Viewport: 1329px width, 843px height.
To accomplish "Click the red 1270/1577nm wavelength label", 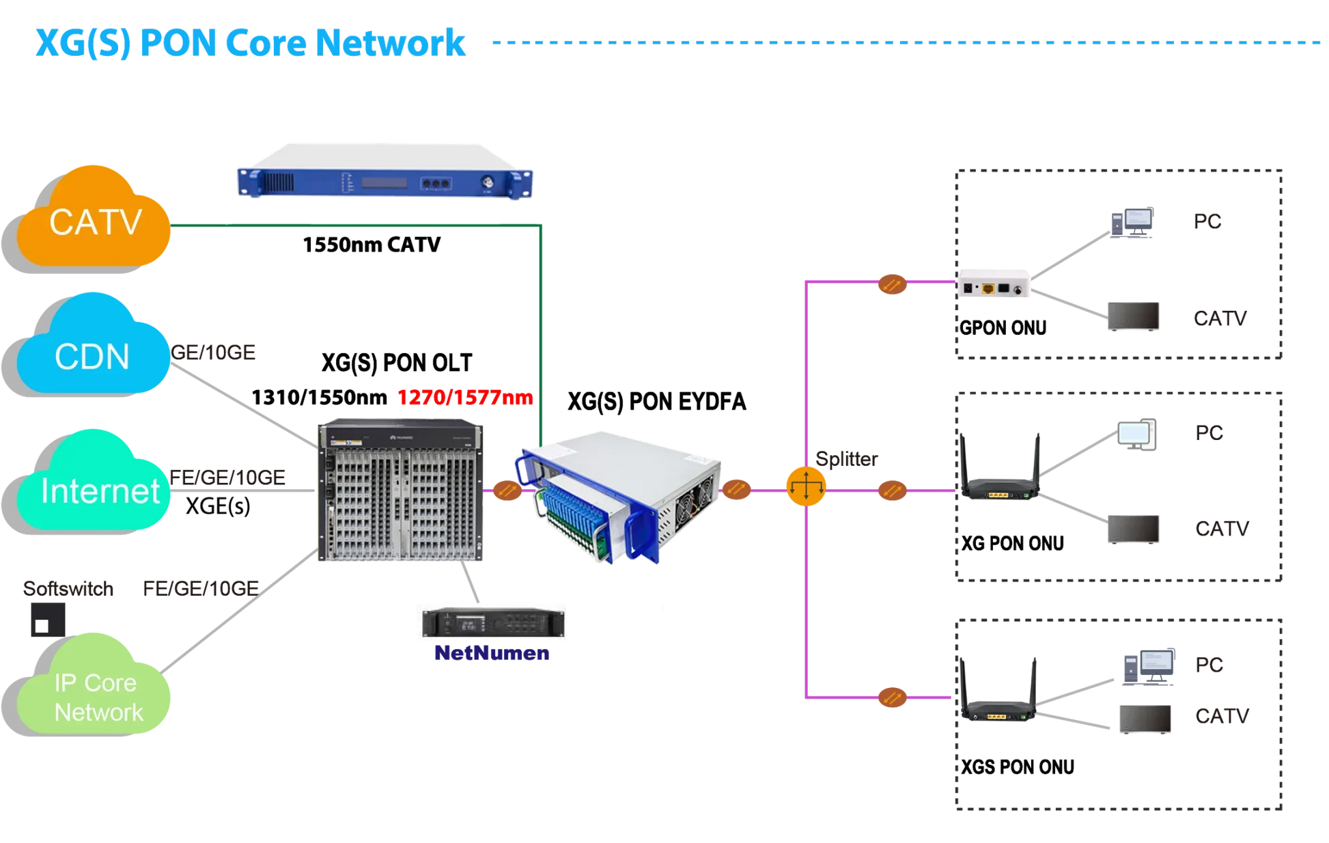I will coord(465,397).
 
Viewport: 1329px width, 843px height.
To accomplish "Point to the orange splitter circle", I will coord(806,486).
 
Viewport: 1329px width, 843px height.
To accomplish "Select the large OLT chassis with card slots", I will coord(401,490).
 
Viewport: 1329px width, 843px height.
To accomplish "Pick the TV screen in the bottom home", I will coord(1145,719).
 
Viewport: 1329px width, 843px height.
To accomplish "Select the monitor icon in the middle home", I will coord(1138,434).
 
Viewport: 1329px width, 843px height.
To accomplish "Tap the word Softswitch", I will coord(68,588).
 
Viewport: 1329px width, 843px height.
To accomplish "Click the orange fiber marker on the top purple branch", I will coord(892,284).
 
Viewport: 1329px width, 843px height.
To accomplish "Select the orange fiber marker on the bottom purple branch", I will coord(892,697).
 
